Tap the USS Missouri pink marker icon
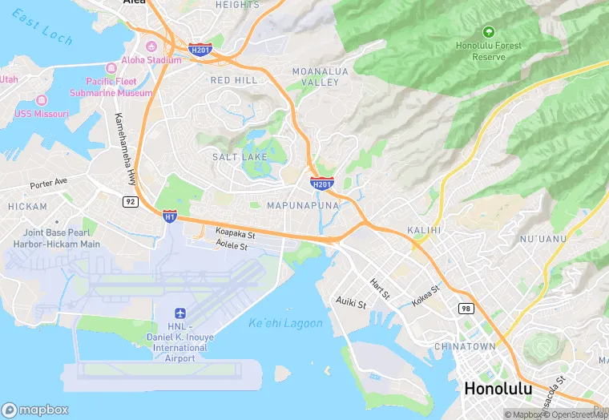tap(42, 100)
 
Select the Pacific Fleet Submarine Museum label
tap(119, 87)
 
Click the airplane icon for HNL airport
tap(179, 312)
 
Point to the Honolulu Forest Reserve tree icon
tap(488, 31)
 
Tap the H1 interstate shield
tap(169, 216)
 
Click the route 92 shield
tap(130, 201)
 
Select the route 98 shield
tap(466, 308)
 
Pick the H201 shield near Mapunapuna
tap(321, 184)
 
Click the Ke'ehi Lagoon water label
tap(285, 324)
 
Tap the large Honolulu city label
tap(498, 389)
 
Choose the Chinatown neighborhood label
tap(465, 346)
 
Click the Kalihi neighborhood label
tap(424, 230)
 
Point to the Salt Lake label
tap(240, 157)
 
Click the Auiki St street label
tap(350, 303)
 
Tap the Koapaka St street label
tap(235, 234)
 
